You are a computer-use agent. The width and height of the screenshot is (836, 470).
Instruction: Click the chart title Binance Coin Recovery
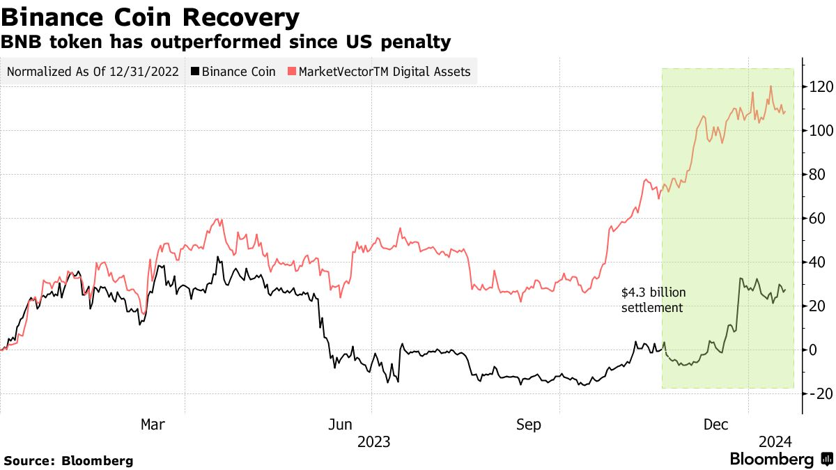click(x=151, y=17)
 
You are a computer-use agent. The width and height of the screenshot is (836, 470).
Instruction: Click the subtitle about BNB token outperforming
click(x=226, y=43)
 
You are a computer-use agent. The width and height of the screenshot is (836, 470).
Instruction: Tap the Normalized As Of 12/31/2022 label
click(x=92, y=72)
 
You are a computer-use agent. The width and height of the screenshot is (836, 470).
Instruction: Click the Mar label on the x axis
click(x=153, y=424)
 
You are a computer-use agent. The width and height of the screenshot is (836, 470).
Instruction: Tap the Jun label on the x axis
click(x=341, y=424)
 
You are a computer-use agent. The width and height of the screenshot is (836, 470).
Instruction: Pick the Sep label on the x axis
click(x=529, y=424)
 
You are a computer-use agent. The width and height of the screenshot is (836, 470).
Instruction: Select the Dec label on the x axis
click(x=716, y=424)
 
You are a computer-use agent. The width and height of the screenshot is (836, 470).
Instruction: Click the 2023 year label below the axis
click(x=373, y=441)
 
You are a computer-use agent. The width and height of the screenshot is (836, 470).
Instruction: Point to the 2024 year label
click(x=775, y=441)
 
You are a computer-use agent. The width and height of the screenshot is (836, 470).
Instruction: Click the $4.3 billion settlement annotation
click(x=652, y=300)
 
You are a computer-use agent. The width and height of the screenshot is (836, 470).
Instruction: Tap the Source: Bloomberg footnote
click(x=68, y=461)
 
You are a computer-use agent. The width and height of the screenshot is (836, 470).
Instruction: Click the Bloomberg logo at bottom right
click(x=779, y=460)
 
